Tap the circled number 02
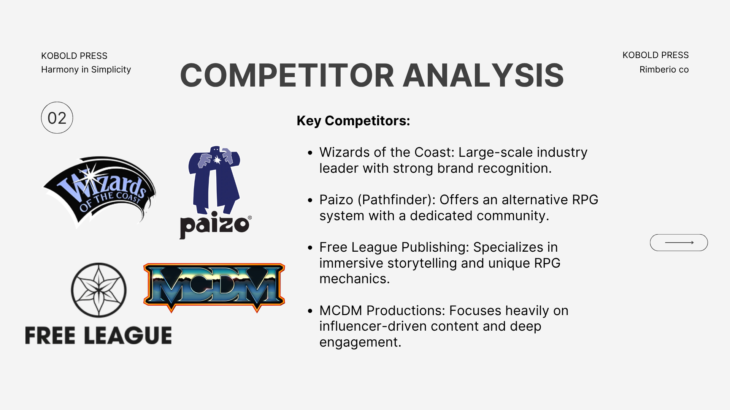[57, 118]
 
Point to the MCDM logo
[214, 287]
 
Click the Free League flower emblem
[99, 290]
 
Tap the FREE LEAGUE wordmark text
[98, 335]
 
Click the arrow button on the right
[679, 243]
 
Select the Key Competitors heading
[353, 121]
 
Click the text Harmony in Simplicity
[86, 69]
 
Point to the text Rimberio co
[664, 69]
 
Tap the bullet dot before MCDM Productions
[310, 311]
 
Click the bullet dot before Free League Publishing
[310, 248]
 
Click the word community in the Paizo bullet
[513, 216]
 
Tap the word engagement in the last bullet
[360, 342]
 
